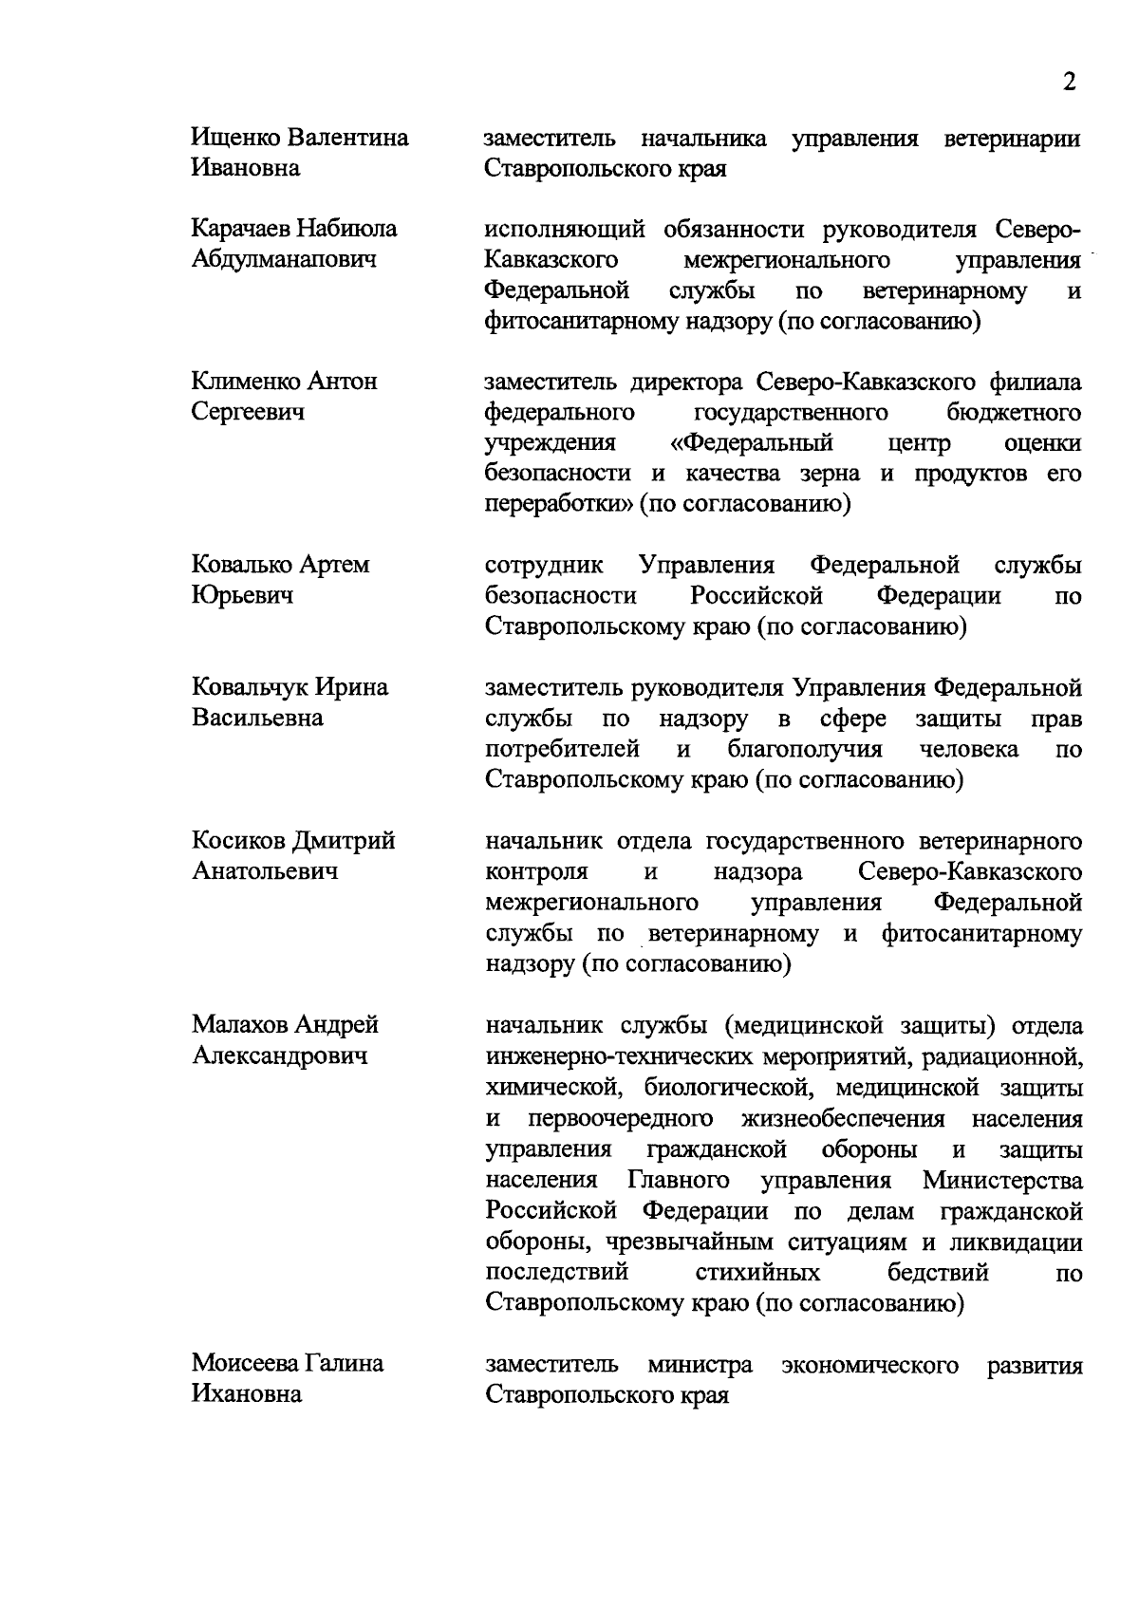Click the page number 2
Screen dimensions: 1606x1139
(1070, 82)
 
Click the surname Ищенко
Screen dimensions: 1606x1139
(236, 138)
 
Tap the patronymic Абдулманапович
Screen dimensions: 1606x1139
(284, 259)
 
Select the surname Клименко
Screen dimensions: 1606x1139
(246, 382)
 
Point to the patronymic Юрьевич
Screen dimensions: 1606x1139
(242, 595)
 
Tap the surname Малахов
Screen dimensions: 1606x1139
(239, 1024)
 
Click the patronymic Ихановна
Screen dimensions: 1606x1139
(247, 1393)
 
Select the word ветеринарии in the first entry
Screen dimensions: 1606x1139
(1013, 139)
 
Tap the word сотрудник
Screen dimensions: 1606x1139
(544, 566)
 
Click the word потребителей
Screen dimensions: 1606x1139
(562, 749)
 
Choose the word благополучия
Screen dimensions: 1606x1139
(805, 749)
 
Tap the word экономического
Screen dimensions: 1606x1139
(869, 1365)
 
